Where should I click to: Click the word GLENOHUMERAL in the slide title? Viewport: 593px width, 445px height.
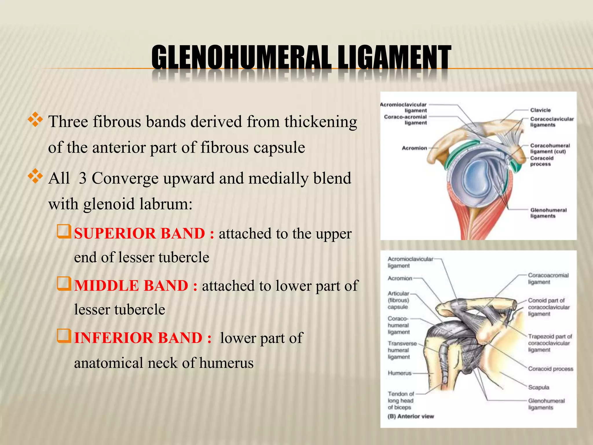pos(241,57)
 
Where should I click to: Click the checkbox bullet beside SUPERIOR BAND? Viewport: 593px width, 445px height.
pos(64,232)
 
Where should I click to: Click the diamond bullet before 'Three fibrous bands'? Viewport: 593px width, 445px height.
pos(35,119)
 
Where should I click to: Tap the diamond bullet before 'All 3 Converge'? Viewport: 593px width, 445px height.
pos(35,176)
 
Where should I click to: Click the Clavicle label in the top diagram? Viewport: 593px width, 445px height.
pos(540,110)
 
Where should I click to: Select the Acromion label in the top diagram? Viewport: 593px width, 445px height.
pos(414,148)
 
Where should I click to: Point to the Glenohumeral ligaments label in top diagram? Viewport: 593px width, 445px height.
pos(548,213)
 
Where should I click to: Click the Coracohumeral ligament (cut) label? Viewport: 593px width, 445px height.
pos(550,148)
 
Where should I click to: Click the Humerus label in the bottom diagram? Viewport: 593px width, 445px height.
pos(399,373)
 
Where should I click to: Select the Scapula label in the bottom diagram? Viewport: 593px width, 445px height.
pos(538,387)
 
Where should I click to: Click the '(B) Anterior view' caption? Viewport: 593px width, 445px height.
pos(411,416)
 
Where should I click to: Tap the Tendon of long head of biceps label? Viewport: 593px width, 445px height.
pos(401,400)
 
